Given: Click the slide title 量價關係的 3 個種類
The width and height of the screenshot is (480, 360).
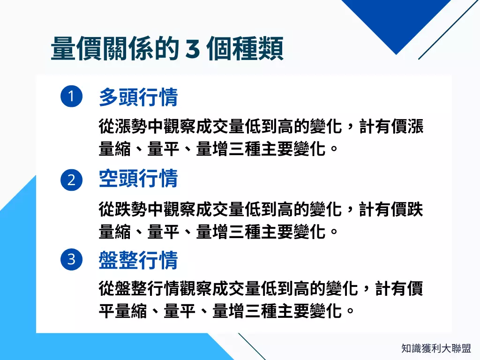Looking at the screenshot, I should (167, 49).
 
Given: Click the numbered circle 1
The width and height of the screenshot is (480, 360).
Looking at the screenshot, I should (72, 97).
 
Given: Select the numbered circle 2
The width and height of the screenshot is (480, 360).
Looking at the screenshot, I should (72, 180).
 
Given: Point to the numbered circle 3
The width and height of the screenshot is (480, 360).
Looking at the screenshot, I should (72, 259).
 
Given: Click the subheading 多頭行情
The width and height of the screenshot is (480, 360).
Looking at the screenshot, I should (138, 97).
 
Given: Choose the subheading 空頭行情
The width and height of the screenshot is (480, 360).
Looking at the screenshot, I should (138, 179).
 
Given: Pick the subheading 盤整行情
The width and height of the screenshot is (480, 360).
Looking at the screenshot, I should (138, 260).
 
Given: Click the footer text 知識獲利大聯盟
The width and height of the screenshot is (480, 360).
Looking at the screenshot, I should (436, 348).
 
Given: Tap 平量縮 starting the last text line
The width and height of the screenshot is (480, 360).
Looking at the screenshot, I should (123, 311).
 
